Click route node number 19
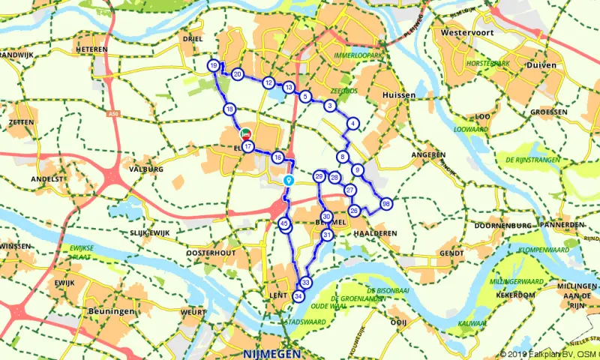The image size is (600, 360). [x=214, y=67]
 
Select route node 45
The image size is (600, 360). [x=283, y=223]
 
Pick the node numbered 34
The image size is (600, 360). [x=299, y=297]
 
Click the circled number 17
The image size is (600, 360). [x=247, y=146]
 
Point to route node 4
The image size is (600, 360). [x=352, y=124]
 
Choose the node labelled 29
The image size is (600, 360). [x=319, y=176]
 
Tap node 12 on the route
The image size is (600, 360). [x=268, y=82]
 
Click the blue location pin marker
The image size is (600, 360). [x=289, y=181]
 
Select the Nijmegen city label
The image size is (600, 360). [x=271, y=353]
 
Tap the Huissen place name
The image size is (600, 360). [x=398, y=96]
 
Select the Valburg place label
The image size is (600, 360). [x=145, y=169]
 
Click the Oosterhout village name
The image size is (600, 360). [x=211, y=253]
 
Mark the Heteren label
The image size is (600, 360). [x=91, y=49]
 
